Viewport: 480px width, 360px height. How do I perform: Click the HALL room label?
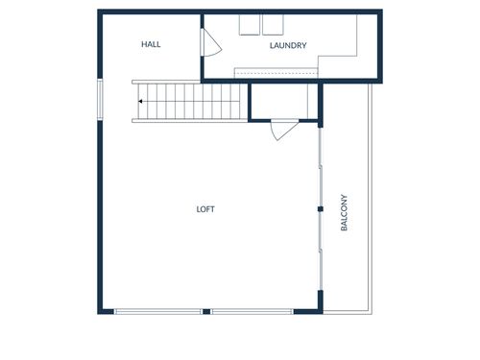pyautogui.click(x=151, y=45)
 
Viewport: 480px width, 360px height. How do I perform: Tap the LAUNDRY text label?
pyautogui.click(x=287, y=45)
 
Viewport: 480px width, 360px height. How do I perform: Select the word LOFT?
pyautogui.click(x=205, y=208)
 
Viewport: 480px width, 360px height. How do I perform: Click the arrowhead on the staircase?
pyautogui.click(x=141, y=100)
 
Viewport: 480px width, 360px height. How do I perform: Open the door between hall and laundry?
pyautogui.click(x=207, y=42)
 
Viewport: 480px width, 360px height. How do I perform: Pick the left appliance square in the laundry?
pyautogui.click(x=250, y=25)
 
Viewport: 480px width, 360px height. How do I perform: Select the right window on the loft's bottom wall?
pyautogui.click(x=252, y=311)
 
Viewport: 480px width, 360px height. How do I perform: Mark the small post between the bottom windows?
pyautogui.click(x=205, y=311)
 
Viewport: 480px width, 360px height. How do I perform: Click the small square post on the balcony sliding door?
pyautogui.click(x=320, y=208)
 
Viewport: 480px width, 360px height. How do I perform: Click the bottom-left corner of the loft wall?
pyautogui.click(x=100, y=310)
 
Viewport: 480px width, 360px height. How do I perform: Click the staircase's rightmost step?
pyautogui.click(x=233, y=100)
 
